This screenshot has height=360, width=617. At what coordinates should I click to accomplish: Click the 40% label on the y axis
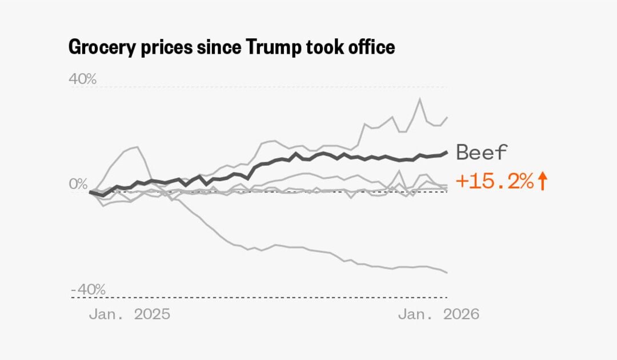[83, 79]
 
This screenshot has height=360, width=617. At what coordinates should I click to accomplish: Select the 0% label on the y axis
[79, 184]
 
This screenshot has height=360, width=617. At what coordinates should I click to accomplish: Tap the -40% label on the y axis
[88, 289]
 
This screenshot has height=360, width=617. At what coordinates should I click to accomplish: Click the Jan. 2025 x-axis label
[129, 314]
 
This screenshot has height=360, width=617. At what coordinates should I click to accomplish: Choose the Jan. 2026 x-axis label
[438, 314]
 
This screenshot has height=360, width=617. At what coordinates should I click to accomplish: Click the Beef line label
[482, 153]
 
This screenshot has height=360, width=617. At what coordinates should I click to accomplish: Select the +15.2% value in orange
[495, 182]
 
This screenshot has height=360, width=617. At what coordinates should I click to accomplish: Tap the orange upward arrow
[543, 182]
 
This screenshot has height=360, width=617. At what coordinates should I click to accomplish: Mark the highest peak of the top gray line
[420, 99]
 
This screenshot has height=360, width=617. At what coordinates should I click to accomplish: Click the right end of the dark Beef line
[446, 152]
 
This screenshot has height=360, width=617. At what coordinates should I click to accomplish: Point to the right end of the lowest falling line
[446, 272]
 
